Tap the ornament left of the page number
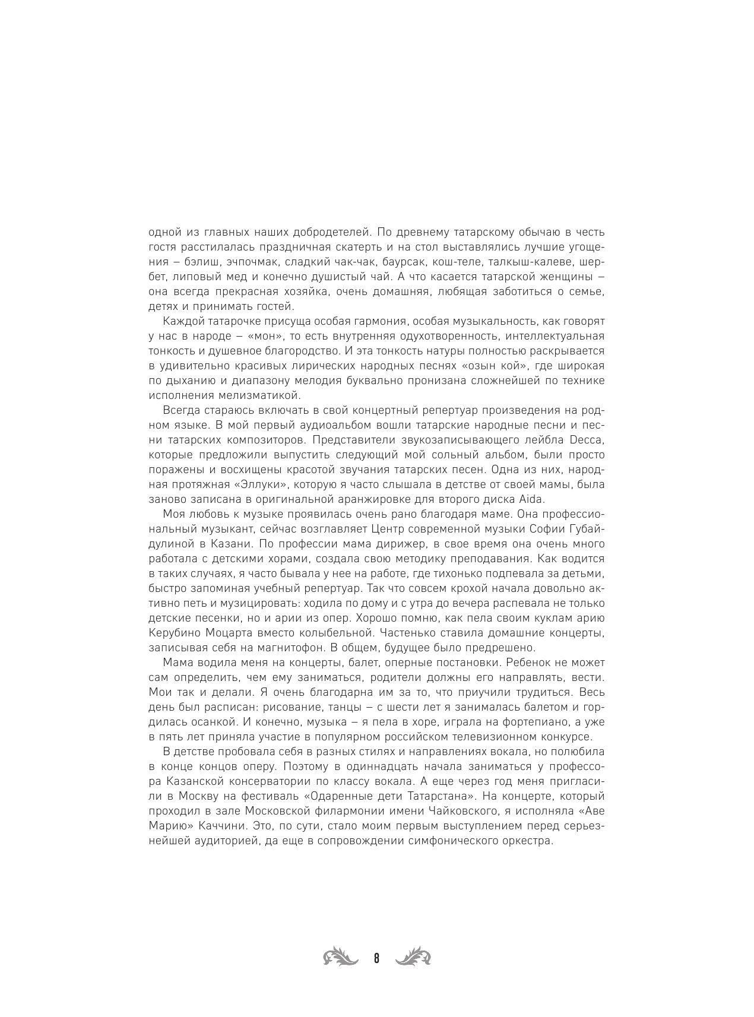pos(341,957)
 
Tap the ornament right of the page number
pos(413,957)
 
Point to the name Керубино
pos(175,632)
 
